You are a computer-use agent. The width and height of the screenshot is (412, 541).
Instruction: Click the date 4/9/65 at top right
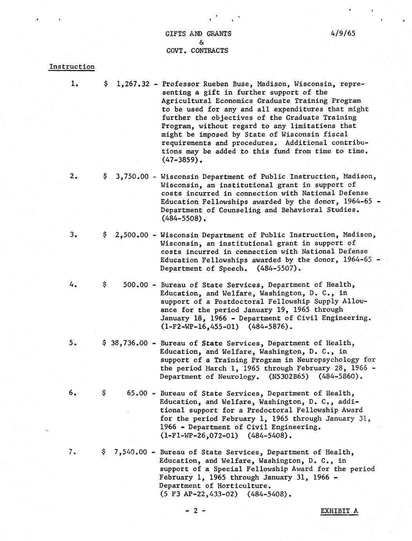(343, 33)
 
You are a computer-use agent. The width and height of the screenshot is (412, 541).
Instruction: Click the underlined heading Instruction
(72, 67)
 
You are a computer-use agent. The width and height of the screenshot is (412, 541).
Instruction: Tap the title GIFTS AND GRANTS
(198, 34)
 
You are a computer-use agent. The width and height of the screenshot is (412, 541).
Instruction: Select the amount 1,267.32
(133, 84)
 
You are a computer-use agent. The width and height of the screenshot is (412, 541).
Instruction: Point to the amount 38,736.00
(129, 343)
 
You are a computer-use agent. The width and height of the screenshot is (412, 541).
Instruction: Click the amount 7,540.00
(130, 452)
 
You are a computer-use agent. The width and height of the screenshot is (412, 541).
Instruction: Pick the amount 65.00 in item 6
(137, 393)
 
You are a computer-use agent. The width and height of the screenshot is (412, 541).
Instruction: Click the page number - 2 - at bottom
(195, 511)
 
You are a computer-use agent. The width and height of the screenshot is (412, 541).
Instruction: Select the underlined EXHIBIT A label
(339, 511)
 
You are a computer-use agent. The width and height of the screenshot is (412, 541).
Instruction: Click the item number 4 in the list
(73, 285)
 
